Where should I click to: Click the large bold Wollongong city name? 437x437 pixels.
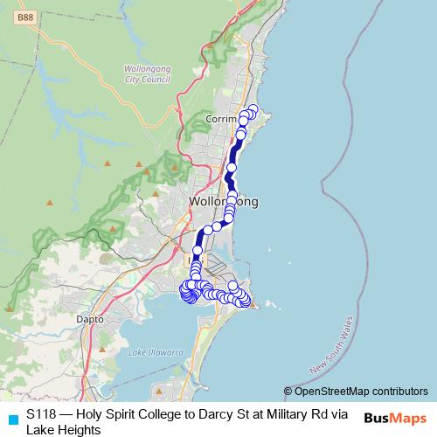[x=223, y=202]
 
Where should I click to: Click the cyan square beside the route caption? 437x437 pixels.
[x=12, y=416]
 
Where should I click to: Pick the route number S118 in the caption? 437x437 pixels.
[x=42, y=415]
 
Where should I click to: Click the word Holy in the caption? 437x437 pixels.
[x=92, y=415]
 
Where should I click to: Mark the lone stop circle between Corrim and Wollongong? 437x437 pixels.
[x=232, y=167]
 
